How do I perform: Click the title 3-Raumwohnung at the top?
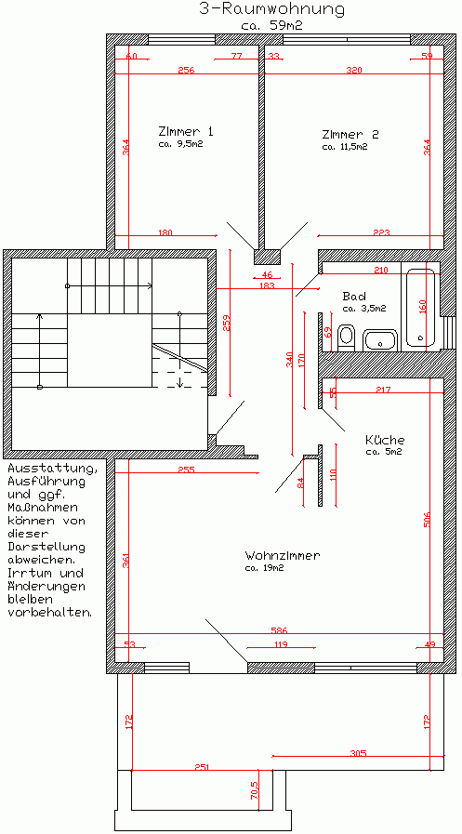[271, 9]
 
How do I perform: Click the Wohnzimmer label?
[283, 556]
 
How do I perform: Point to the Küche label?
[385, 440]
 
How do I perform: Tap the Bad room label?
[354, 296]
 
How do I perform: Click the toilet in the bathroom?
[347, 337]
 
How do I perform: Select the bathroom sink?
[380, 340]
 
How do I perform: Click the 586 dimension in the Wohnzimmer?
[279, 630]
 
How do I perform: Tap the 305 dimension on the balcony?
[358, 753]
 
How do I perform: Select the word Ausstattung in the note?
[53, 469]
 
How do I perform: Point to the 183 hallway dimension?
[268, 285]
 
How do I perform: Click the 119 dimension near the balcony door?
[282, 644]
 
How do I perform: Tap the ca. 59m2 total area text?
[271, 26]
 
